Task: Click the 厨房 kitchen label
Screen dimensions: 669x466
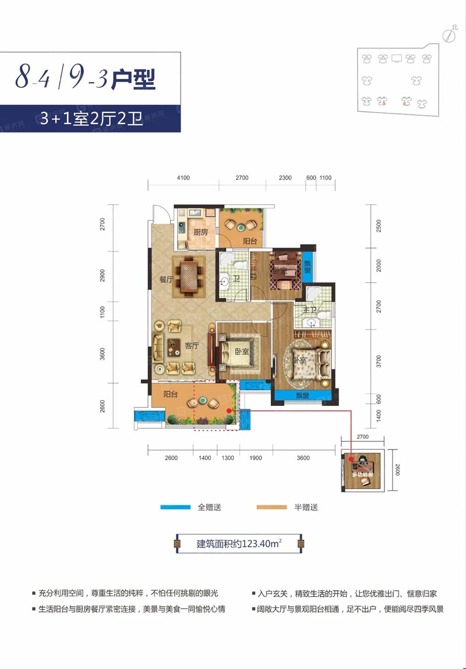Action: click(x=200, y=232)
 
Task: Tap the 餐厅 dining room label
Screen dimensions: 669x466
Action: click(x=166, y=279)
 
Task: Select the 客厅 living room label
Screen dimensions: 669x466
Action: click(x=192, y=345)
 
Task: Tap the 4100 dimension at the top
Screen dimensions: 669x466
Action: click(x=183, y=178)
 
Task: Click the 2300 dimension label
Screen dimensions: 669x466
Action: click(x=285, y=178)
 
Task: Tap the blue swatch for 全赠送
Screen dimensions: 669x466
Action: click(x=176, y=508)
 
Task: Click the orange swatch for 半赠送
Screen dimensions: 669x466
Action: click(x=272, y=508)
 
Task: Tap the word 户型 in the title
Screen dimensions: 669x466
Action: click(x=133, y=78)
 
